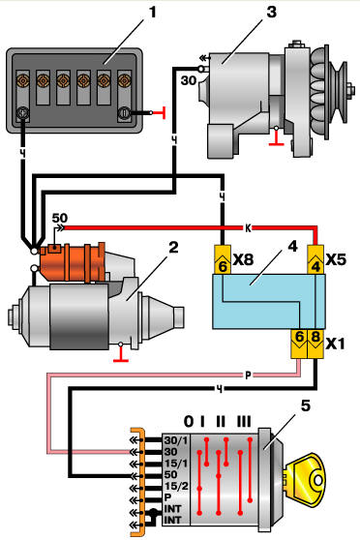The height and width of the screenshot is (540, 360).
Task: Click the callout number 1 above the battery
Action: point(152,12)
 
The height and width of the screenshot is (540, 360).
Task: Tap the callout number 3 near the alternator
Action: point(272,12)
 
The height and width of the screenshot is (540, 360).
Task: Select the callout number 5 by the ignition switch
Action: point(305,406)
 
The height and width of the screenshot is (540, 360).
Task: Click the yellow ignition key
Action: point(305,480)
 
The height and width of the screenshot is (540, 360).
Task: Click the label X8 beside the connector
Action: point(243,259)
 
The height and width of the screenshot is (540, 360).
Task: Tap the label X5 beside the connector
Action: point(336,259)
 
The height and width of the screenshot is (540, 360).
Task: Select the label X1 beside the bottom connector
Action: point(335,344)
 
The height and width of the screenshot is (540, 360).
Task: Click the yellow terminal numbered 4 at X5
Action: point(315,259)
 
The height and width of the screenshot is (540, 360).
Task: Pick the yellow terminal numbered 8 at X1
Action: point(315,344)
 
